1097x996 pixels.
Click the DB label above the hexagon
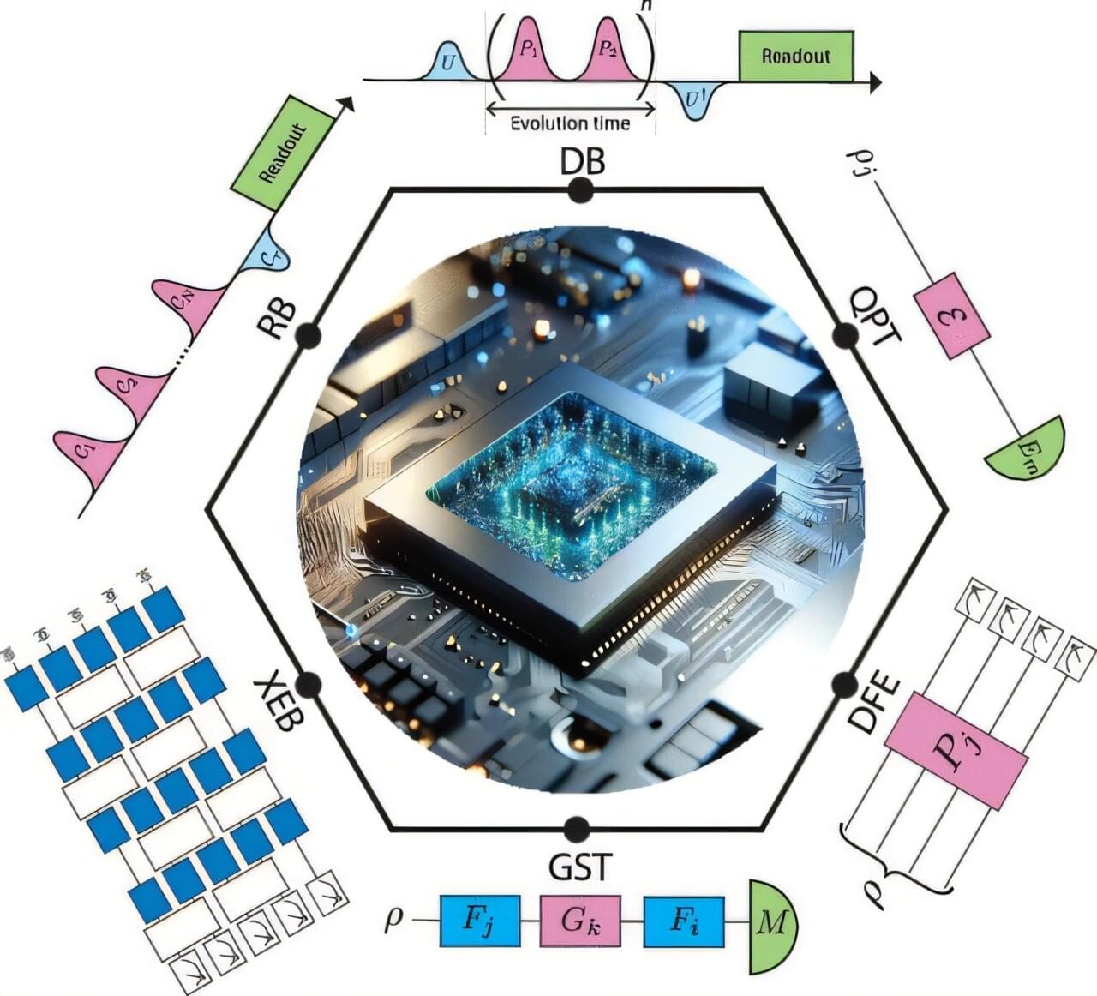coord(582,160)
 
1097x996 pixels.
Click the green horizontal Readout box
coord(795,57)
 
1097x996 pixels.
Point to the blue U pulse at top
coord(447,63)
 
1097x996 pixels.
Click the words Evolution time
coord(570,123)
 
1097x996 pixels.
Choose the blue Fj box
coord(479,921)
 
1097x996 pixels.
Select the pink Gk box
coord(580,921)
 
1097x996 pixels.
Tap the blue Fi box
coord(682,921)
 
